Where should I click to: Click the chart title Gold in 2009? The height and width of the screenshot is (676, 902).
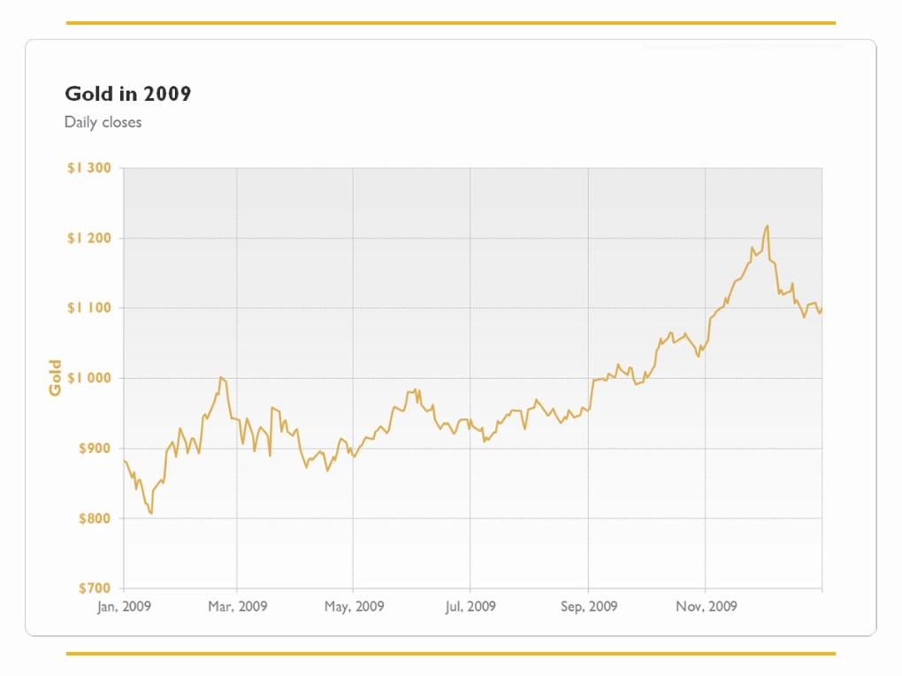(127, 93)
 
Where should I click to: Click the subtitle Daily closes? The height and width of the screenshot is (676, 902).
(103, 122)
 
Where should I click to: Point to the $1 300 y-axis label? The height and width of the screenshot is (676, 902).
(89, 167)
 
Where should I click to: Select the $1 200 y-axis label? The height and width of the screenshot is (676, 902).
(89, 238)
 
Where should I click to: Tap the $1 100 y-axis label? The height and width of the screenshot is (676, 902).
(89, 308)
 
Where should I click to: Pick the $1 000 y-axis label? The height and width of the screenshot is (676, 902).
(89, 378)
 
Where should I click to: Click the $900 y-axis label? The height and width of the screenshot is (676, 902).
(95, 448)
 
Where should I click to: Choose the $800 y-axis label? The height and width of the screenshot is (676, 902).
(95, 519)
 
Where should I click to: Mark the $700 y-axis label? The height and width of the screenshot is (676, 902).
(95, 588)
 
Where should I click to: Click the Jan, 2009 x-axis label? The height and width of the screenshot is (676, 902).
(124, 606)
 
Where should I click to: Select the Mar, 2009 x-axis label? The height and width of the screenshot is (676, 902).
(238, 606)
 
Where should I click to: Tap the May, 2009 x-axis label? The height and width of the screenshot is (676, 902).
(354, 606)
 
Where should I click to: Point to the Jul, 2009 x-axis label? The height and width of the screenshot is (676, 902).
(470, 606)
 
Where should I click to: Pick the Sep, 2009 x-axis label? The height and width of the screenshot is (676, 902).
(588, 606)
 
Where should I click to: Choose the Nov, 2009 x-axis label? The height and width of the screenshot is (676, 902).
(706, 606)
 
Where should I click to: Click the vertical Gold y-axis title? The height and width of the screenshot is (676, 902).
(55, 378)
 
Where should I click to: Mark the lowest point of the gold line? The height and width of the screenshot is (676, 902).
(151, 513)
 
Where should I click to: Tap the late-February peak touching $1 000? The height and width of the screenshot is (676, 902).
(220, 377)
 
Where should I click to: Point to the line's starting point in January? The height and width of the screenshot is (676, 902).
(125, 461)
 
